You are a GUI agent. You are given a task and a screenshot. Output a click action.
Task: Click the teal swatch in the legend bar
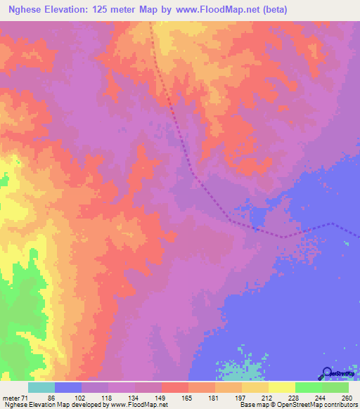pos(41,388)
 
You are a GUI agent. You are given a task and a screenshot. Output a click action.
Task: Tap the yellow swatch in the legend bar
pos(281,388)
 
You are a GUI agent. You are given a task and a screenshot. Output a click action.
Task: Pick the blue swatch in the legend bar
pos(68,388)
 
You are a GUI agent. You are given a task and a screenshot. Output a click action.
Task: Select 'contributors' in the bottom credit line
pos(340,404)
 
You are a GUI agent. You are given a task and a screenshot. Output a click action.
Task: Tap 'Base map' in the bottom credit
pos(252,404)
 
